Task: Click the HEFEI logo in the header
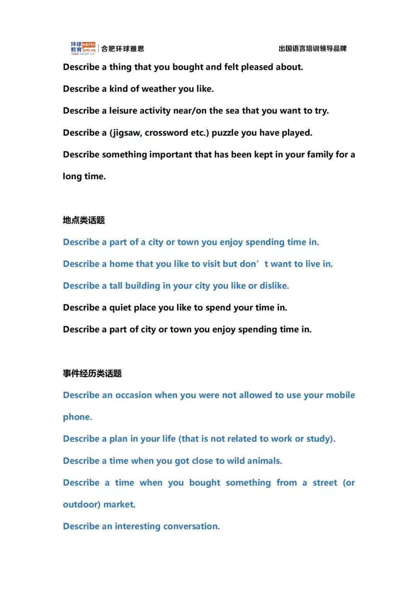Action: click(x=83, y=48)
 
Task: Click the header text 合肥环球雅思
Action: click(x=123, y=49)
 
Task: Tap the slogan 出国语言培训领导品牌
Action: click(x=312, y=49)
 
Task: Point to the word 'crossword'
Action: click(x=166, y=133)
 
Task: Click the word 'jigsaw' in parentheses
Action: click(x=126, y=133)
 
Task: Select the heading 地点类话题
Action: click(x=84, y=220)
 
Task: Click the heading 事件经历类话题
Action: click(x=92, y=373)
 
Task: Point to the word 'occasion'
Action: click(x=134, y=395)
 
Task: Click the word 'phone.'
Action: click(x=78, y=417)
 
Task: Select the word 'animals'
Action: click(x=264, y=461)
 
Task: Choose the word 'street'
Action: click(x=325, y=483)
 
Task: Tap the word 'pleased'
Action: click(x=256, y=67)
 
